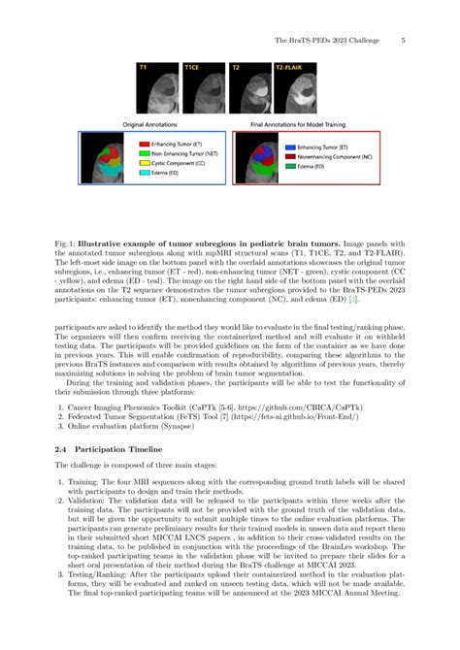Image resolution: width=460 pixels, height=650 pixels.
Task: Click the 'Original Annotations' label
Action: point(154,124)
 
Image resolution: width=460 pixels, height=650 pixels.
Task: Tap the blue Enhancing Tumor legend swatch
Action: point(277,146)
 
